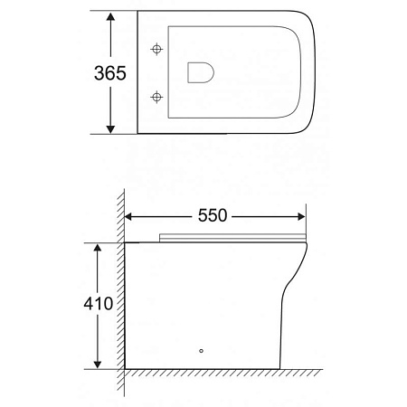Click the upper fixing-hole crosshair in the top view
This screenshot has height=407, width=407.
click(x=157, y=48)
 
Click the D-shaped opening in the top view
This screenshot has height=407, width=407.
click(x=199, y=72)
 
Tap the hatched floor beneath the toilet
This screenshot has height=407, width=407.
click(x=217, y=374)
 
